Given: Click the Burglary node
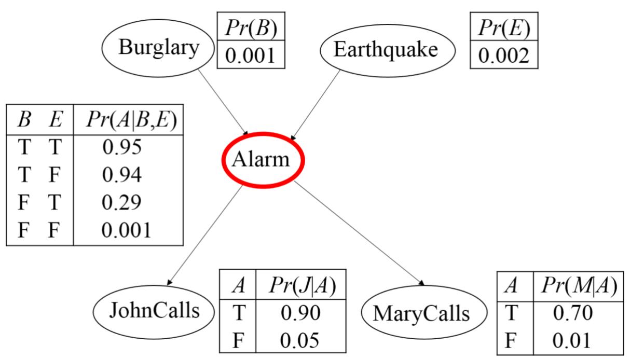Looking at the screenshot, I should [x=158, y=48].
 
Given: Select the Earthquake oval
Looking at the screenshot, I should [x=387, y=50].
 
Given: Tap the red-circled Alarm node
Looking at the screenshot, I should [x=262, y=159].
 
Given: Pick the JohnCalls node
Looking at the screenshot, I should [x=155, y=311].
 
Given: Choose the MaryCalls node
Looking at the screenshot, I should [x=421, y=313].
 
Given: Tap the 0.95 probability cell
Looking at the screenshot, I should [x=122, y=147].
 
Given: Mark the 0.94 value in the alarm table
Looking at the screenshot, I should [x=122, y=175].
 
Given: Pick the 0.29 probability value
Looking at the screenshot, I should [x=122, y=203].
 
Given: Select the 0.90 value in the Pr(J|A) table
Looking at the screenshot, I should [x=300, y=313].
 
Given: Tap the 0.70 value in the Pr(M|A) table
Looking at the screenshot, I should [x=573, y=313].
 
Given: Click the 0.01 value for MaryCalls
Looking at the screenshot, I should [x=573, y=340].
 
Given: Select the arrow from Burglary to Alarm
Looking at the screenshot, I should [x=224, y=102].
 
